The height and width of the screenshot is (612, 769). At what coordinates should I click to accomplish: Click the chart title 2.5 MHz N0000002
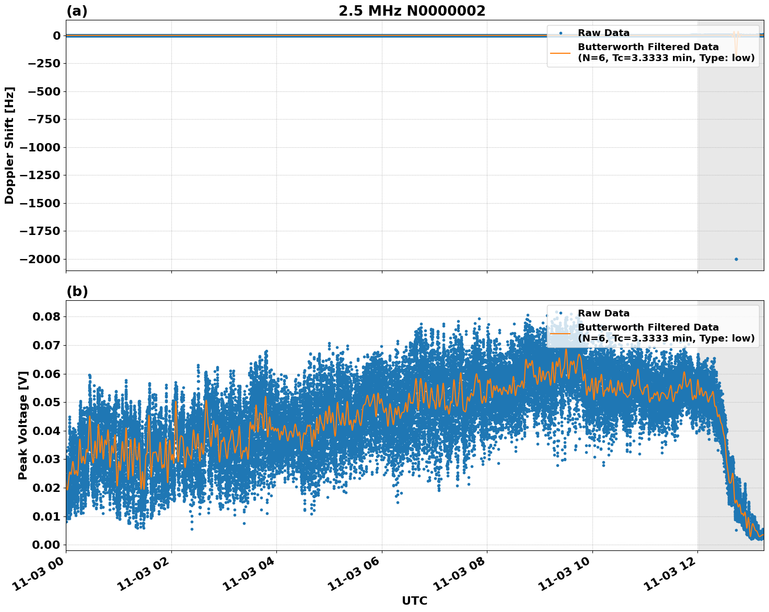coord(412,11)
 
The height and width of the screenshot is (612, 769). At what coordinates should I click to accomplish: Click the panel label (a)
coord(77,11)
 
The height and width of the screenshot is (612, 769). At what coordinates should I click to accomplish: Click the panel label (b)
coord(77,292)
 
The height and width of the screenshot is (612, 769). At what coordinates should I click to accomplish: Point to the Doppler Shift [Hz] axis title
coord(9,145)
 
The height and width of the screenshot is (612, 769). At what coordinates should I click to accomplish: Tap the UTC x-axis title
coord(414,601)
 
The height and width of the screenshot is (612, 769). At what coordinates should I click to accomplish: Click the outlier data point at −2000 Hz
coord(736,259)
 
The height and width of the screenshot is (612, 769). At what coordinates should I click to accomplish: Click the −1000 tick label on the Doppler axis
coord(42,147)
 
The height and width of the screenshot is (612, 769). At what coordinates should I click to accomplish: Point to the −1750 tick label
coord(42,231)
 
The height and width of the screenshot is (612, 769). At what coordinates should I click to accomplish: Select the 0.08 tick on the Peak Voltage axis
coord(46,317)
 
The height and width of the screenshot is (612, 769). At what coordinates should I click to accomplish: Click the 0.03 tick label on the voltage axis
coord(46,460)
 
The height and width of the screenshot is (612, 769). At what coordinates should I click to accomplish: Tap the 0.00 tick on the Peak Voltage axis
coord(46,545)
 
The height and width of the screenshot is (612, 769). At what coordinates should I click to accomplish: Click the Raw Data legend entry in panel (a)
coord(603,33)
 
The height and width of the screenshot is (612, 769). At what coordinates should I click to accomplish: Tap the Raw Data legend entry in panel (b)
coord(603,314)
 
